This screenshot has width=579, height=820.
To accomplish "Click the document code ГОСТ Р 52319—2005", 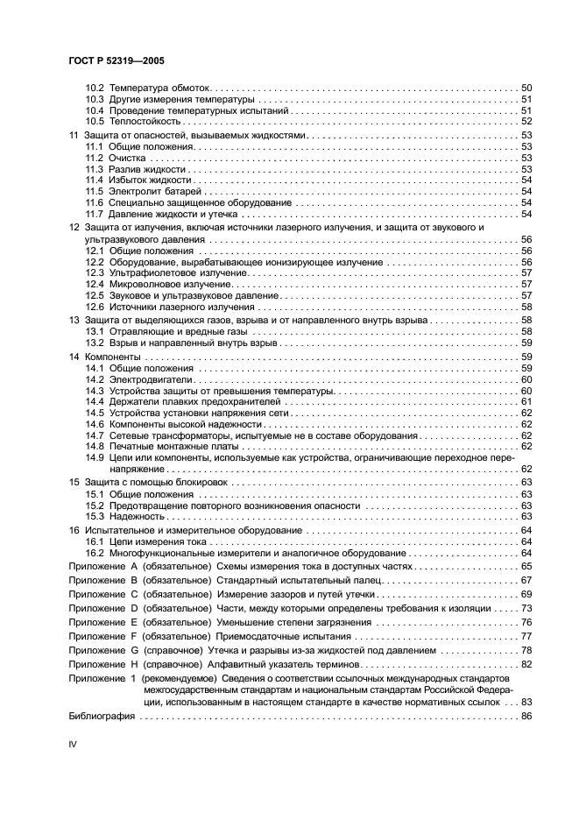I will (x=117, y=60).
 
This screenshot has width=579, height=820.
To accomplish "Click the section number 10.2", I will (x=95, y=88).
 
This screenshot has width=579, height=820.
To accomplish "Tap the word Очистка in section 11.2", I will (x=131, y=159).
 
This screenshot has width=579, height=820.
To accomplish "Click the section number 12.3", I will (x=95, y=272).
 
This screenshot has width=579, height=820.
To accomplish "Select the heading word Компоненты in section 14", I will (x=112, y=357).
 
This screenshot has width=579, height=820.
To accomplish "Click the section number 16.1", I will (x=95, y=543).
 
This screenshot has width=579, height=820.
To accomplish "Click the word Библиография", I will (x=102, y=716).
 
